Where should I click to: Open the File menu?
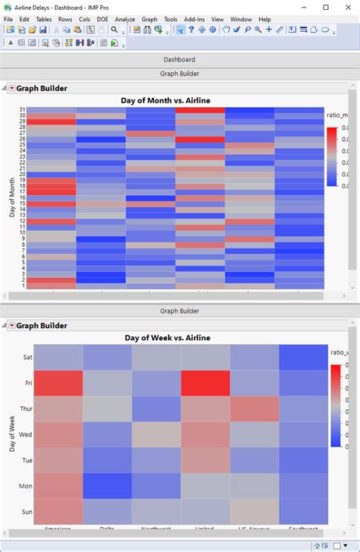(8, 19)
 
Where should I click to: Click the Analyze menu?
(125, 19)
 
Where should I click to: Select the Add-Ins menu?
(194, 19)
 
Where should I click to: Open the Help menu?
(264, 19)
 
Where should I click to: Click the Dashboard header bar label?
(179, 59)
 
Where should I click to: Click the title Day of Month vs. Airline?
(166, 100)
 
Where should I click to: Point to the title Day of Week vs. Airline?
(166, 338)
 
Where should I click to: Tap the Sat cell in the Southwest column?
(303, 358)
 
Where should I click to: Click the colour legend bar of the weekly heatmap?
(336, 405)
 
